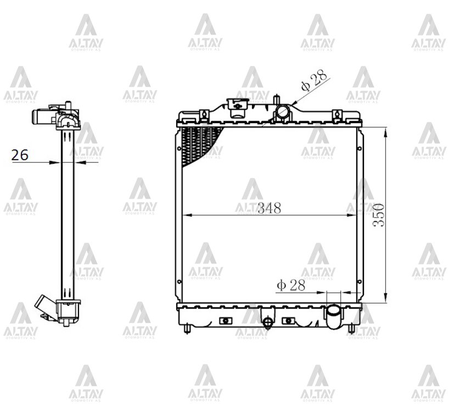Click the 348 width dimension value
pos(270,208)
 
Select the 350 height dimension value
pos(379,215)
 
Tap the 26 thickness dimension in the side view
pos(20,155)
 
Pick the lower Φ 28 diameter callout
pos(291,285)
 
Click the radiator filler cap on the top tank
pos(238,108)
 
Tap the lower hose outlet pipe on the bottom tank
pos(334,316)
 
